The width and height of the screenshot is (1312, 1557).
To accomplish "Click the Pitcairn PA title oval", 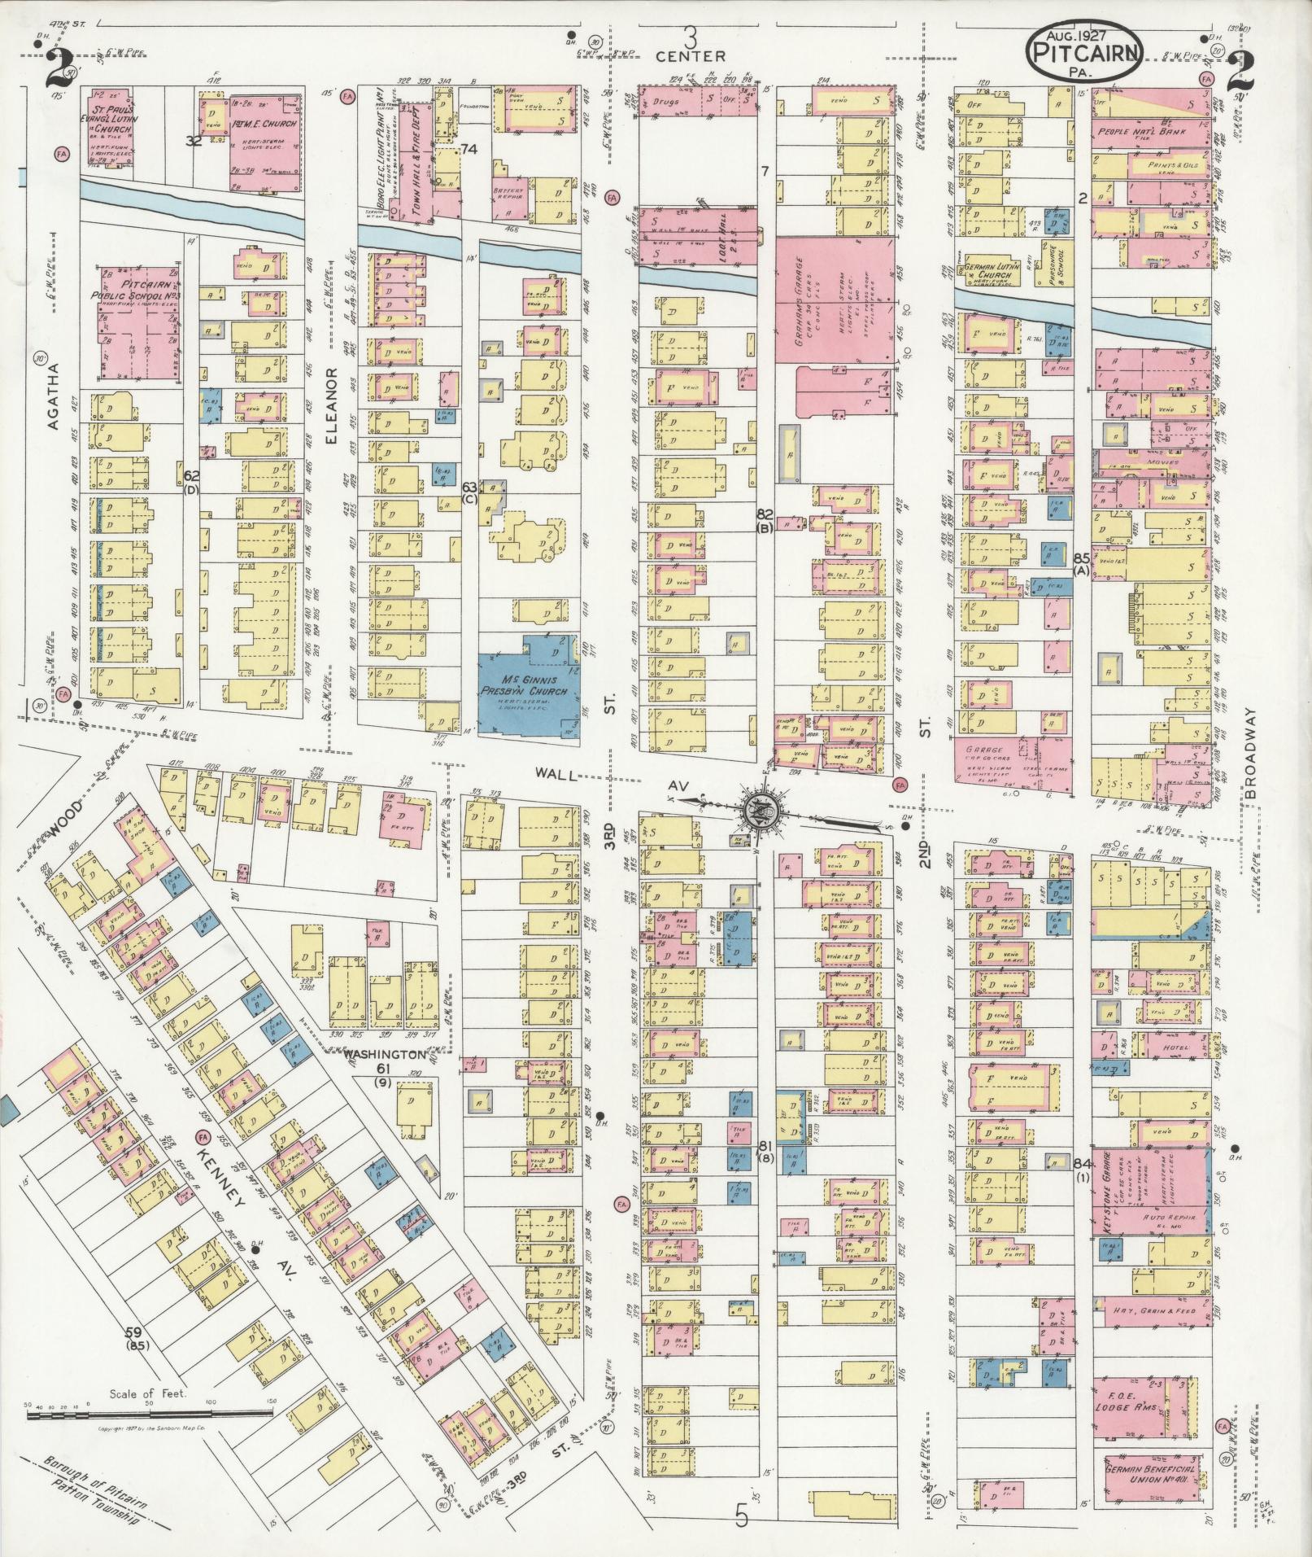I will point(1085,51).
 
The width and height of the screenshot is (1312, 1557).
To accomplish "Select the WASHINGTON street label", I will point(384,1053).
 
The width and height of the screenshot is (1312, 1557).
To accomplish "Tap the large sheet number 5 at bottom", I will point(741,1516).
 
